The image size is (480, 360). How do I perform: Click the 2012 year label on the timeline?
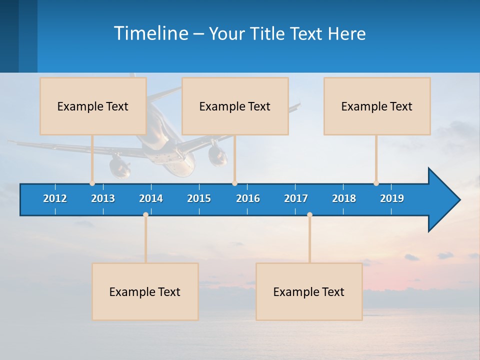pyautogui.click(x=55, y=198)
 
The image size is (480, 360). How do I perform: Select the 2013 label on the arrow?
pyautogui.click(x=103, y=198)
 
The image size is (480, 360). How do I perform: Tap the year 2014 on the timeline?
pyautogui.click(x=151, y=198)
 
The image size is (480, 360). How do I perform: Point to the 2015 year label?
pyautogui.click(x=199, y=198)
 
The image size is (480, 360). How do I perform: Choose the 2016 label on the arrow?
pyautogui.click(x=248, y=198)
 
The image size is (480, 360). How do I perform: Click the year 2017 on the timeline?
pyautogui.click(x=296, y=198)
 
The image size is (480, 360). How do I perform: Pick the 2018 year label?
pyautogui.click(x=344, y=198)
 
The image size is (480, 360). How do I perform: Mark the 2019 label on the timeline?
pyautogui.click(x=392, y=198)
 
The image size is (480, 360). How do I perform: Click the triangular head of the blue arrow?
pyautogui.click(x=443, y=200)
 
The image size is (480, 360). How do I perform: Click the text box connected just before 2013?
pyautogui.click(x=93, y=106)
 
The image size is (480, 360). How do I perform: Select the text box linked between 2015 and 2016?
pyautogui.click(x=235, y=106)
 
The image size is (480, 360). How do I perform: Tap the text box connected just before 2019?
pyautogui.click(x=377, y=106)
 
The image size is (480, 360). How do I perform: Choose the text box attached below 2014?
pyautogui.click(x=145, y=291)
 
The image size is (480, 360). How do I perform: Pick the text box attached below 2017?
pyautogui.click(x=309, y=291)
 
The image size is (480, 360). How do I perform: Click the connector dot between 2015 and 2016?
pyautogui.click(x=234, y=183)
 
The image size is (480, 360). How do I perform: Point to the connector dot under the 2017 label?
pyautogui.click(x=309, y=214)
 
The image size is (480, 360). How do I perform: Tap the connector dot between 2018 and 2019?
pyautogui.click(x=376, y=183)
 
